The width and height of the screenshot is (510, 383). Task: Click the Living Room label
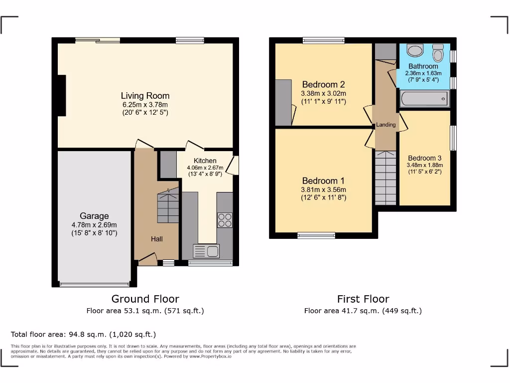click(x=145, y=96)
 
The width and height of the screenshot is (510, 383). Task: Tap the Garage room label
click(x=94, y=216)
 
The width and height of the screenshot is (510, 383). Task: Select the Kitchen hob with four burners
click(x=225, y=220)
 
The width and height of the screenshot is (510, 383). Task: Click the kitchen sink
click(x=206, y=251)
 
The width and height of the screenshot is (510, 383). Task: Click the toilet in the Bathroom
click(x=438, y=52)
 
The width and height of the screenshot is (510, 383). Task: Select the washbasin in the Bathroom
click(x=414, y=50)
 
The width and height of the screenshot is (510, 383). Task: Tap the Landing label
click(x=386, y=125)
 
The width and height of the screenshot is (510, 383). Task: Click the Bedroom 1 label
click(x=323, y=181)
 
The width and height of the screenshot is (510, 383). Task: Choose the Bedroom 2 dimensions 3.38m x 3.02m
click(x=323, y=93)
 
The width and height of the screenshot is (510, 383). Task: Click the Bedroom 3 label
click(x=424, y=158)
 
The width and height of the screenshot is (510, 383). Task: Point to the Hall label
click(x=157, y=239)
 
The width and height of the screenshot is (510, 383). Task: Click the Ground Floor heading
click(x=145, y=299)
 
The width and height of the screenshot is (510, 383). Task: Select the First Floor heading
click(x=363, y=299)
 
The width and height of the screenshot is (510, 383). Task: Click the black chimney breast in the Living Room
click(x=61, y=95)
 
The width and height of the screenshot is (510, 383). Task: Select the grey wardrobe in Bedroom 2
click(x=283, y=102)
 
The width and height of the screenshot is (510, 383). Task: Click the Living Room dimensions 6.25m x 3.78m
click(x=145, y=105)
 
